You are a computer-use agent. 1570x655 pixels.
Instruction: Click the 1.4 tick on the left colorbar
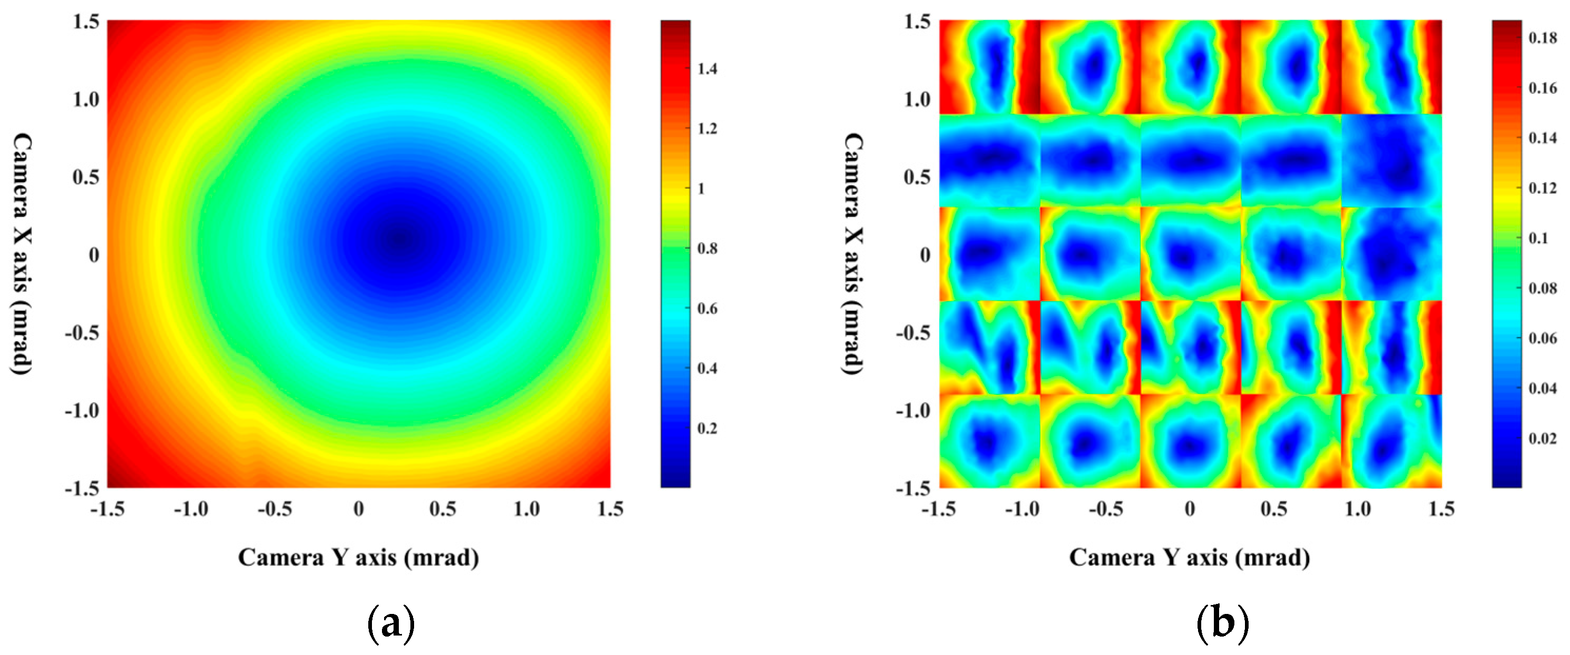click(x=707, y=69)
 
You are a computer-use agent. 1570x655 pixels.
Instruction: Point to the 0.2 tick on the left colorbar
click(x=707, y=429)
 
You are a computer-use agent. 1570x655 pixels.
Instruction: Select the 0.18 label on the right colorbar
click(x=1543, y=38)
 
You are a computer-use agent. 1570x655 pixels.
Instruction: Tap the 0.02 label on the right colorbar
click(x=1543, y=439)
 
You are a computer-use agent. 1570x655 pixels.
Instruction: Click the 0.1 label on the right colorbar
click(x=1539, y=238)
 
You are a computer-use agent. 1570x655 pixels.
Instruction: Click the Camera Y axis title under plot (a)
click(x=358, y=558)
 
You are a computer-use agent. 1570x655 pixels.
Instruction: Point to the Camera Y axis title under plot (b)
click(x=1190, y=558)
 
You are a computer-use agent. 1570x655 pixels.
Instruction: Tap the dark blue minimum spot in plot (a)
click(x=399, y=239)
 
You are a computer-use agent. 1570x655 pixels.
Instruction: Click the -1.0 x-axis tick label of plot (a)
click(x=191, y=509)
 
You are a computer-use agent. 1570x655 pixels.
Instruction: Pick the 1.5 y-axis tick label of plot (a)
click(x=86, y=22)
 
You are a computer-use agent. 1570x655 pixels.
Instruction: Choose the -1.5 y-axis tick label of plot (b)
click(x=913, y=488)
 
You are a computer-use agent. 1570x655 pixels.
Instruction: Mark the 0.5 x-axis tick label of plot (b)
click(x=1274, y=509)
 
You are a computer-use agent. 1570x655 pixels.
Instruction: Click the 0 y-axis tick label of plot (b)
click(x=925, y=255)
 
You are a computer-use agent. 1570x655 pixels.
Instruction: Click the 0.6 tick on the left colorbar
click(x=707, y=309)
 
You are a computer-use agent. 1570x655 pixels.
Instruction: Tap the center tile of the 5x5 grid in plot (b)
click(x=1190, y=254)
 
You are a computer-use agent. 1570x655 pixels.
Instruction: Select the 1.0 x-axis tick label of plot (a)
click(x=527, y=509)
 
